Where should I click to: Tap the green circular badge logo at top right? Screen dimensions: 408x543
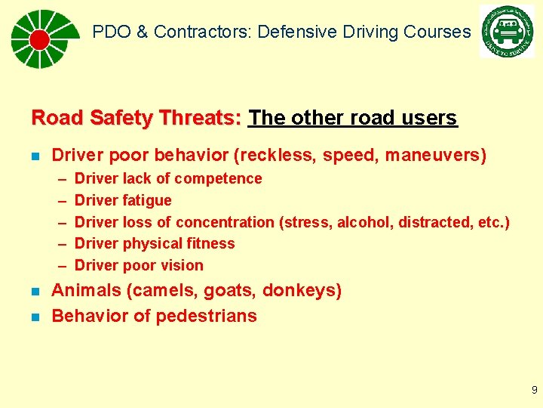coord(506,32)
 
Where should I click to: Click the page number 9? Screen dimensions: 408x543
coord(534,390)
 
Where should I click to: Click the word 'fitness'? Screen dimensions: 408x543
coord(211,243)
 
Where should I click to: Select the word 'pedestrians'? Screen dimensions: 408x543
coord(211,316)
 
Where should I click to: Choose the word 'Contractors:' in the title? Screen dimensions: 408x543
coord(204,32)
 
